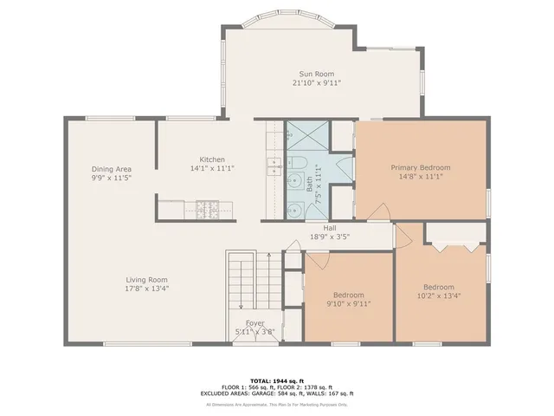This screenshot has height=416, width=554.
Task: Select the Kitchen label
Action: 212,159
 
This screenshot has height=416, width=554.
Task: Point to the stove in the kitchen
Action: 208,208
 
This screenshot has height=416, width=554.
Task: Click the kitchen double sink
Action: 273,166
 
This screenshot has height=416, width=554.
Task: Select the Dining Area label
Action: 112,168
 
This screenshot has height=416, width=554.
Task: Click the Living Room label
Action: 146,280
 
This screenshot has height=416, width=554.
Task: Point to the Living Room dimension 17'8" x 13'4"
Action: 146,289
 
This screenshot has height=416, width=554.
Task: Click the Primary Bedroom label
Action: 420,167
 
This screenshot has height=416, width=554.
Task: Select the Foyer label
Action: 254,322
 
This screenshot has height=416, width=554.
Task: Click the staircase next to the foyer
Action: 243,282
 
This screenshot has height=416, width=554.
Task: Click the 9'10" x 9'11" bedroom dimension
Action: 349,303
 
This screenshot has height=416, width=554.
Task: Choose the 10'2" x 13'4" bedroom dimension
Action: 439,296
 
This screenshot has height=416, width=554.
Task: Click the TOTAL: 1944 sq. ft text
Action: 277,380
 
